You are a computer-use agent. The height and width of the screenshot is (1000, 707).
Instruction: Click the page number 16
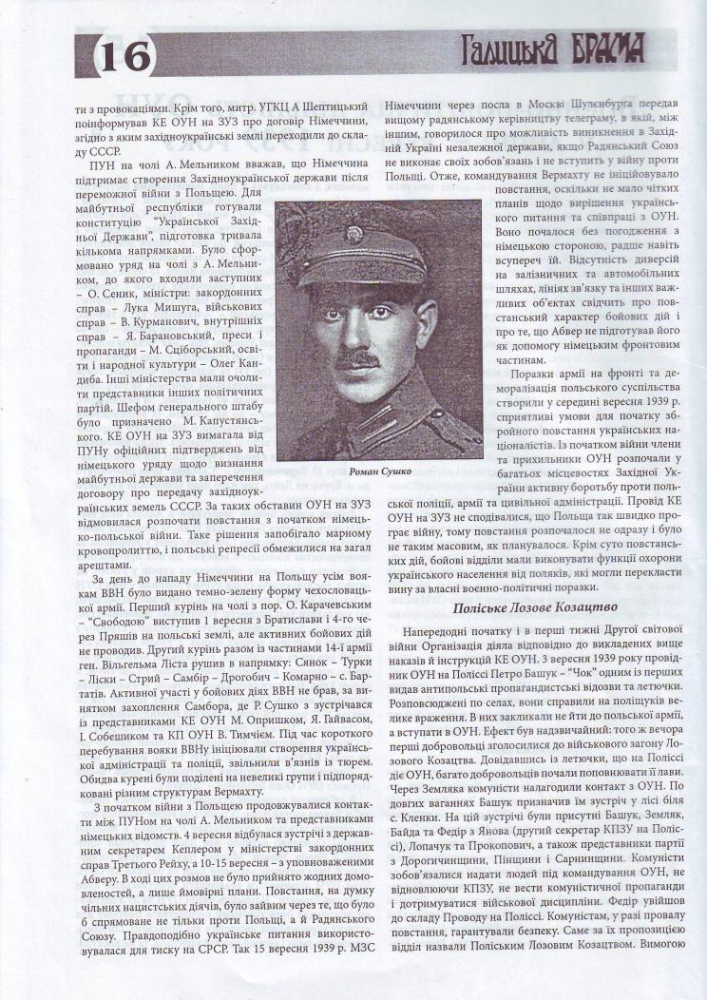(x=126, y=55)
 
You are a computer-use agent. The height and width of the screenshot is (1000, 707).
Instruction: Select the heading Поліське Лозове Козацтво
(x=535, y=606)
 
